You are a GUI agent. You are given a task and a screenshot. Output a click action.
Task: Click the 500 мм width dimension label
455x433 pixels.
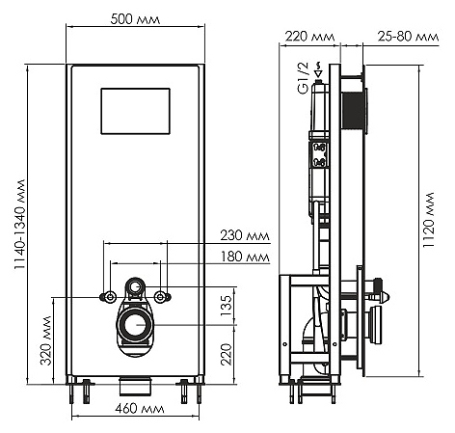(x=135, y=19)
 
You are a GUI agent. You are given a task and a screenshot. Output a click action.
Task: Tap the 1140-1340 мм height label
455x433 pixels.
(x=20, y=225)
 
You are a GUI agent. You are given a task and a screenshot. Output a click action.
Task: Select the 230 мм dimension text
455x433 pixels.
(x=245, y=235)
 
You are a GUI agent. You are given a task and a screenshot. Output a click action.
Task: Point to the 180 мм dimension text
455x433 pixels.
(x=245, y=257)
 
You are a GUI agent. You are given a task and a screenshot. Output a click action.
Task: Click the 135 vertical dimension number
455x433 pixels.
(x=227, y=306)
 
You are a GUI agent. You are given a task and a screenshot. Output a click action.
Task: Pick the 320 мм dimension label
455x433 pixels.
(x=46, y=340)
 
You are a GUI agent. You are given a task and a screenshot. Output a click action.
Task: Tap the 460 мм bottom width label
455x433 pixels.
(x=140, y=409)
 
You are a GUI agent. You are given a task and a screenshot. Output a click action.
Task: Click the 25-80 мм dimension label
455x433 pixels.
(x=408, y=37)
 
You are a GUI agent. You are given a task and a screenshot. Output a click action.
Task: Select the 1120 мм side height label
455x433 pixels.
(x=428, y=220)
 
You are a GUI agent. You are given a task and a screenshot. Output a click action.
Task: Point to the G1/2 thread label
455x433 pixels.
(x=303, y=78)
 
